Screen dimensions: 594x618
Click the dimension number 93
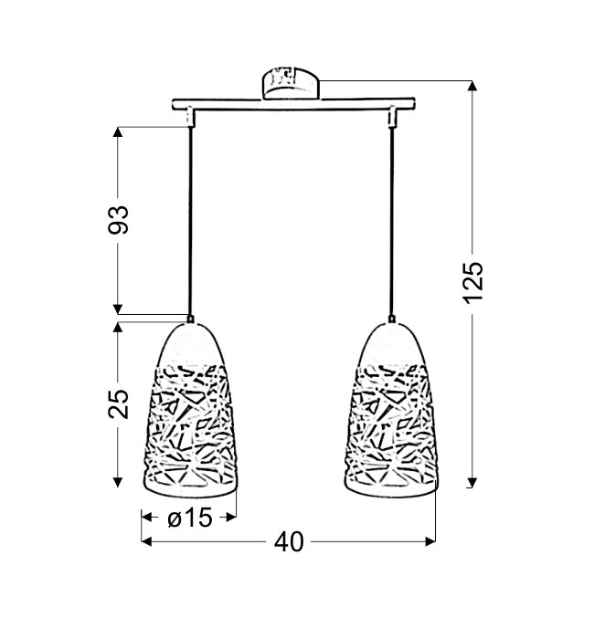(x=119, y=220)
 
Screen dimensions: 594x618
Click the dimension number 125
(x=472, y=282)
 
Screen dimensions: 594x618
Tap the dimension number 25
(x=119, y=403)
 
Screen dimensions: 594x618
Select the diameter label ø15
(x=190, y=518)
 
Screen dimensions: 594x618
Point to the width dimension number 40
(x=289, y=542)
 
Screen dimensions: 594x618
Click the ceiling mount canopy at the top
(x=290, y=83)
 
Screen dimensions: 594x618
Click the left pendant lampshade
(x=190, y=409)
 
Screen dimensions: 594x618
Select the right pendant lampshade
(x=392, y=409)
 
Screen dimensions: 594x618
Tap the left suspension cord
(x=190, y=221)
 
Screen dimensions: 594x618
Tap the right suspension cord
(x=391, y=221)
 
